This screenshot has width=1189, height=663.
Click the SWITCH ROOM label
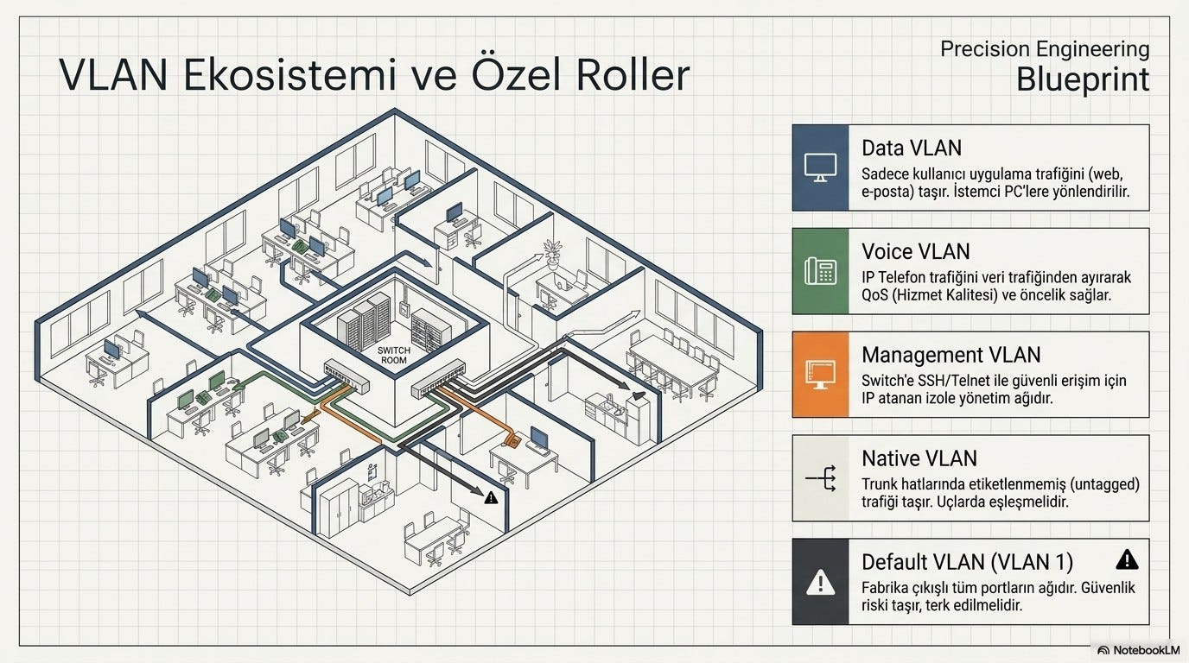point(394,355)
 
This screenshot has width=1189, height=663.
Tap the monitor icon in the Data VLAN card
point(820,167)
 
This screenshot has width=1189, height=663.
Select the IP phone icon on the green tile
point(820,271)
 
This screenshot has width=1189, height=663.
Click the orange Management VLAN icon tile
point(820,375)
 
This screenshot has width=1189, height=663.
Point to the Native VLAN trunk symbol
point(821,478)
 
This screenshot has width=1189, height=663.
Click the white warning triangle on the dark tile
point(820,582)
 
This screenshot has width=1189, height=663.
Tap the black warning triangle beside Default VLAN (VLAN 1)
point(1127,559)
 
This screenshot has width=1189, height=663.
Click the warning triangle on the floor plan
point(491,497)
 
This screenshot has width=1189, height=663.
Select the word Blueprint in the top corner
point(1083,79)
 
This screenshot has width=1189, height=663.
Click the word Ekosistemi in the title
point(289,75)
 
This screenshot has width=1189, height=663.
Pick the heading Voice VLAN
point(916,251)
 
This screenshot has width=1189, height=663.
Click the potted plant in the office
point(552,253)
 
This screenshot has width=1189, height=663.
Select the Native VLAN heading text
point(919,458)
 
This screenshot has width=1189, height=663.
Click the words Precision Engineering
point(1045,49)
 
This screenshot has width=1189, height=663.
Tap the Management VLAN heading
point(951,355)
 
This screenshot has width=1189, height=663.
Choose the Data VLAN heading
point(912,148)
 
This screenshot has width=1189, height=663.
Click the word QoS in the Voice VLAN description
point(874,295)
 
